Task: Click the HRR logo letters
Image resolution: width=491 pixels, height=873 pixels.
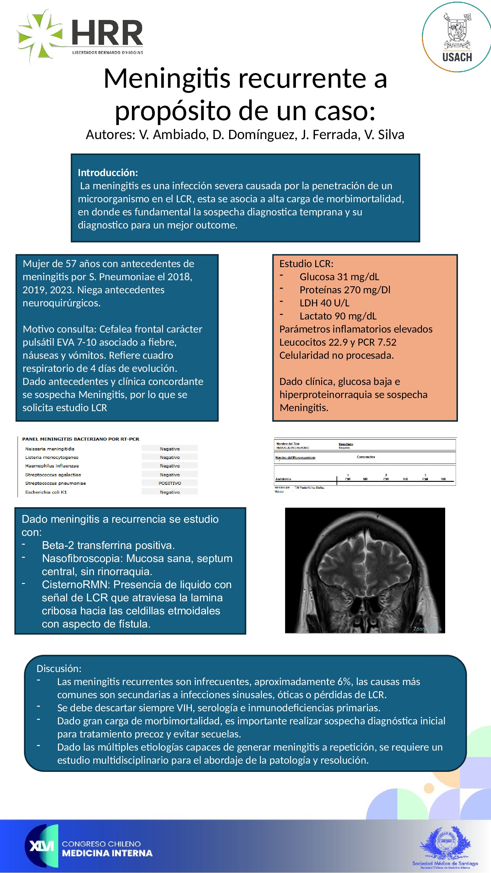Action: tap(107, 33)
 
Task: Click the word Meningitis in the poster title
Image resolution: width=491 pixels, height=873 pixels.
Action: tap(167, 78)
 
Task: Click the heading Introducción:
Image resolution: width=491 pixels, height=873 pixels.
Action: tap(108, 173)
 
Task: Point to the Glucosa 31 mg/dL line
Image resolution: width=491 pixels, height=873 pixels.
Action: tap(339, 277)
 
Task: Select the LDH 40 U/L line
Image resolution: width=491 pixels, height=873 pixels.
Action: tap(324, 303)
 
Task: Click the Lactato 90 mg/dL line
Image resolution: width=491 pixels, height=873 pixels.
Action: tap(337, 316)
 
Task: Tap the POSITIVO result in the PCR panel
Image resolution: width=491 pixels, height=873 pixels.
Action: tap(170, 483)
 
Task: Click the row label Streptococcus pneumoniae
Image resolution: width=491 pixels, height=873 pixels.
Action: tap(55, 483)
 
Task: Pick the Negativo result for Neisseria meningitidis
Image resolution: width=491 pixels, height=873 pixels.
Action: tap(170, 449)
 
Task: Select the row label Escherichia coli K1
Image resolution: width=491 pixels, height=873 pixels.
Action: tap(46, 492)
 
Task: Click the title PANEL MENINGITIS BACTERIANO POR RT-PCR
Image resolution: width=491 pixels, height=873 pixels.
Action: tap(81, 439)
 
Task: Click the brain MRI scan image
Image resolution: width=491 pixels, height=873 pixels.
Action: tap(365, 570)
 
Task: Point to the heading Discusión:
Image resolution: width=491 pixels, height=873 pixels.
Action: tap(59, 669)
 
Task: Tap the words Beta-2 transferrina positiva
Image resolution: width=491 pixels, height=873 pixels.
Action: tap(108, 545)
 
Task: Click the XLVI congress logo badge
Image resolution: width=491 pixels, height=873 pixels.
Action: tap(42, 846)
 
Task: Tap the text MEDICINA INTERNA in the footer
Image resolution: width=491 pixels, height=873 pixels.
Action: tap(107, 853)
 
